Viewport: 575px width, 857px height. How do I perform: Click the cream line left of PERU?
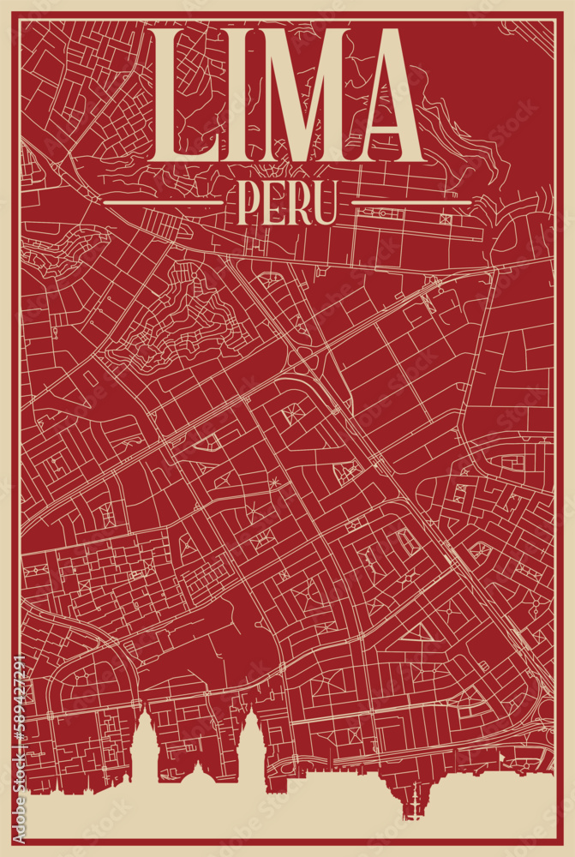(163, 205)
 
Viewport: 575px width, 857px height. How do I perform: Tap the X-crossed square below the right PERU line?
(446, 219)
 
